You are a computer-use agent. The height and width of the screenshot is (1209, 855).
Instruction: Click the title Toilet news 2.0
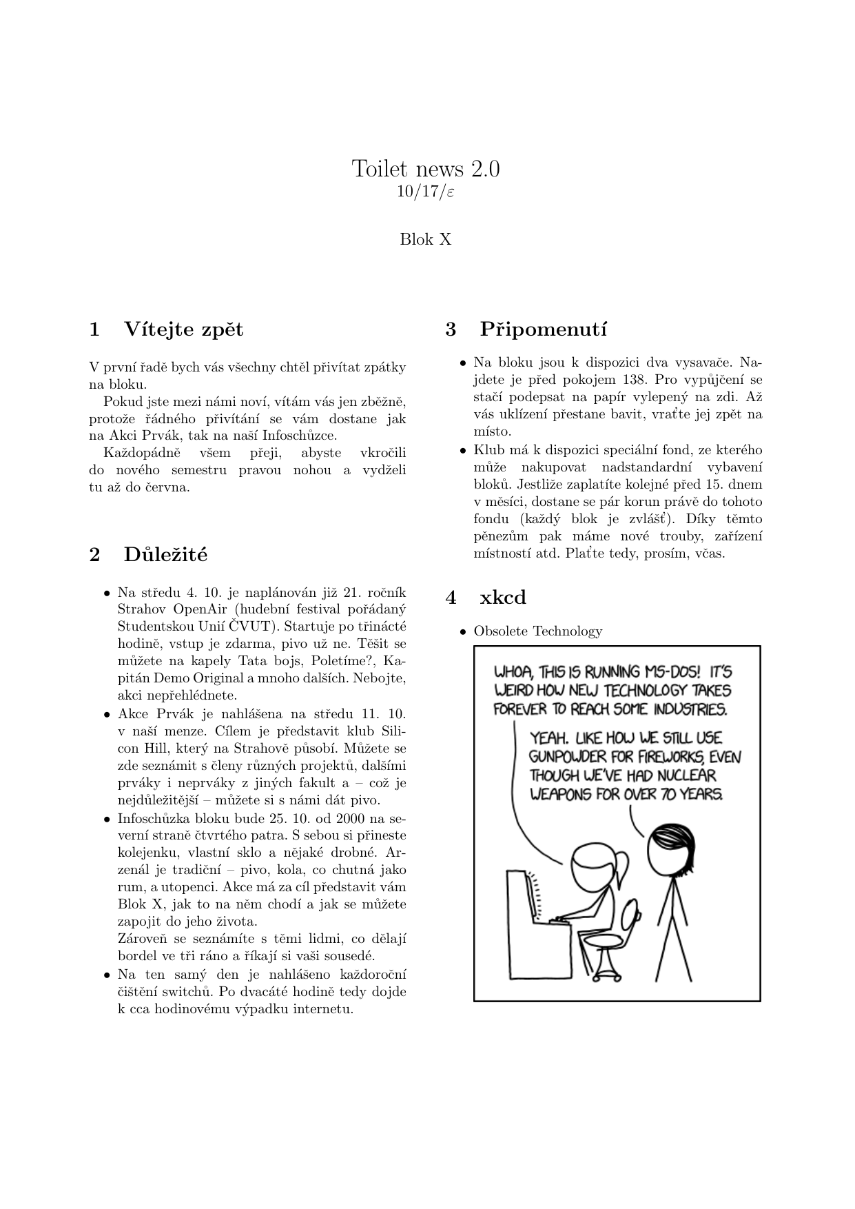[x=426, y=169]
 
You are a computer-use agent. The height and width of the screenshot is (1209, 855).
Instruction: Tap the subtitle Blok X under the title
[x=426, y=240]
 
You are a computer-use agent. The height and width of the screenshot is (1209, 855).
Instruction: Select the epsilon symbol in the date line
[x=450, y=192]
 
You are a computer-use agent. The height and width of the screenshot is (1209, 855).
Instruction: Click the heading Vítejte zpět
[x=183, y=329]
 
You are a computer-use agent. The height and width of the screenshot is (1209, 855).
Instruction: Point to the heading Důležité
[x=165, y=554]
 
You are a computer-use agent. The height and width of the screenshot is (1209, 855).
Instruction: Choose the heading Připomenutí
[x=543, y=329]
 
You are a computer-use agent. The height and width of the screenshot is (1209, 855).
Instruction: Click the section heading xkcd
[x=502, y=597]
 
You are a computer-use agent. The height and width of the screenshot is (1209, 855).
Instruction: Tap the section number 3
[x=451, y=329]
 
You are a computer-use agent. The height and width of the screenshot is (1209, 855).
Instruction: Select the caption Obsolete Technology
[x=537, y=631]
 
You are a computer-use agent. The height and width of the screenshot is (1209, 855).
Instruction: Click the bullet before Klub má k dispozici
[x=463, y=450]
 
